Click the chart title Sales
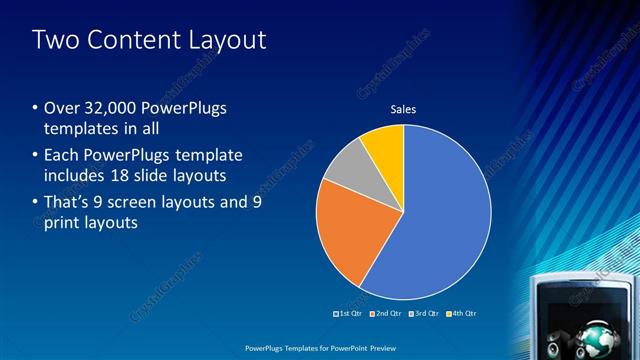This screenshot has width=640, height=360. pos(403,109)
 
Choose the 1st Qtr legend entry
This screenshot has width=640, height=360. pos(349,314)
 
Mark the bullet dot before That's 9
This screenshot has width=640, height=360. pos(35,204)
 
